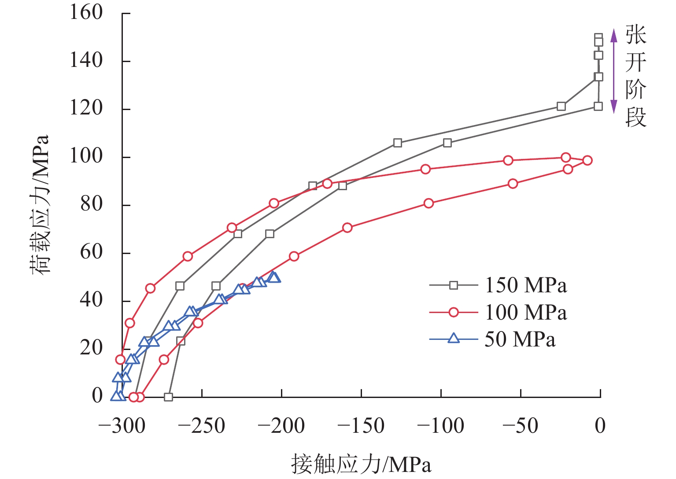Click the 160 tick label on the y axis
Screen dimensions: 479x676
pos(86,12)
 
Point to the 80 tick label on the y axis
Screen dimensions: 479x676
pos(92,204)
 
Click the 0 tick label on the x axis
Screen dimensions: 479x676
pos(600,426)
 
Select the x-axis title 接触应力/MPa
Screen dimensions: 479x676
pos(361,464)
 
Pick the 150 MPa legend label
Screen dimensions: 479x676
pos(526,286)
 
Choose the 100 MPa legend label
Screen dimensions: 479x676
pos(526,313)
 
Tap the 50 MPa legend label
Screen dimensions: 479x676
pos(520,339)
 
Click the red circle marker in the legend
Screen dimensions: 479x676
pos(453,313)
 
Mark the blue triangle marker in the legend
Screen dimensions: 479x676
pos(453,339)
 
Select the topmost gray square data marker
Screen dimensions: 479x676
pos(598,38)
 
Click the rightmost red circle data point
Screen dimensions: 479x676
pos(587,160)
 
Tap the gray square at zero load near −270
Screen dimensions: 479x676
pos(168,397)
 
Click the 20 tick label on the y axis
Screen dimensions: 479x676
pos(92,348)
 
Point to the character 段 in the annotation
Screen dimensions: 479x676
pos(636,118)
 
